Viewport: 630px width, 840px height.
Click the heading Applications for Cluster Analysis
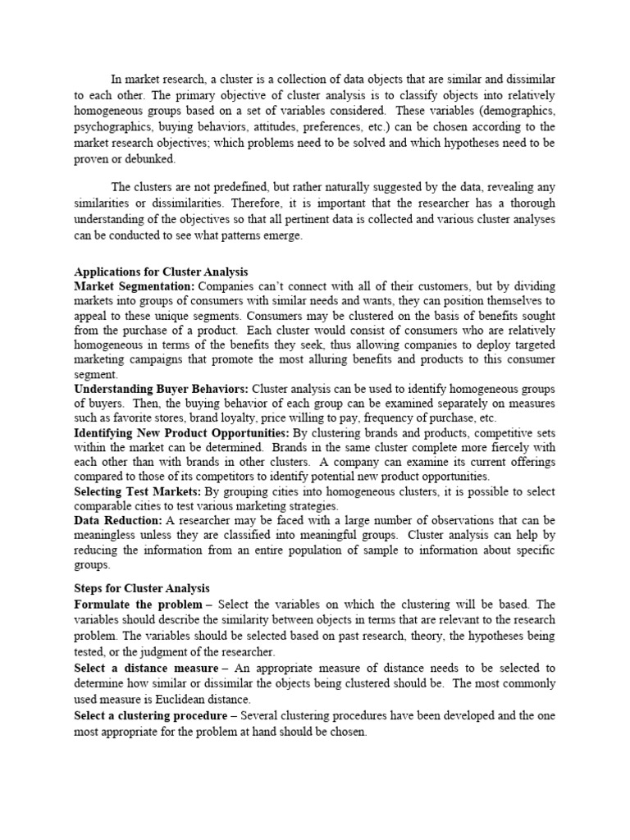(161, 272)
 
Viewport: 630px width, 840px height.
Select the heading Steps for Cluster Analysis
(142, 588)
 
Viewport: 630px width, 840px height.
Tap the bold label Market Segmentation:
(135, 286)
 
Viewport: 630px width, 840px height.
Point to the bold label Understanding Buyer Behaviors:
(162, 389)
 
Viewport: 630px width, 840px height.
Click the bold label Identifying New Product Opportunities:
(181, 432)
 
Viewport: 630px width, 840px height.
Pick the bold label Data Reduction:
(118, 521)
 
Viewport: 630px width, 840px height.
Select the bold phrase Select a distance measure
(144, 669)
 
